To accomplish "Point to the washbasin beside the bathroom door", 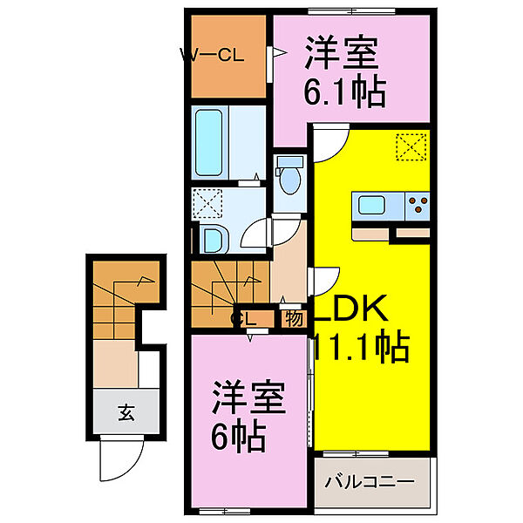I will tap(212, 237).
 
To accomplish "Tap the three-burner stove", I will tap(417, 207).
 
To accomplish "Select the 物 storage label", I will tap(294, 318).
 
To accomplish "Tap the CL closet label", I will tap(244, 319).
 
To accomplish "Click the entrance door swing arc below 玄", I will tap(118, 458).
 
